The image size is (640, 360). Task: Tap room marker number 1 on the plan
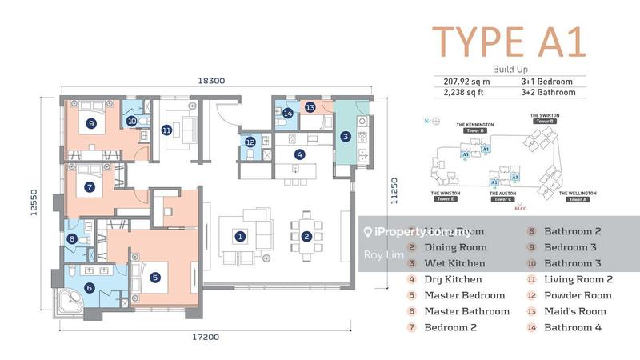(238, 236)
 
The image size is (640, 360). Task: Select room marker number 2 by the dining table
(306, 236)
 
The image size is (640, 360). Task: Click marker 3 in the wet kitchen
(346, 137)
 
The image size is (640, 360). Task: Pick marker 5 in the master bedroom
(154, 278)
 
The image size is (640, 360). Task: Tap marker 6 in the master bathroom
(89, 288)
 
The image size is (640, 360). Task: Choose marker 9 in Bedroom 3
(92, 123)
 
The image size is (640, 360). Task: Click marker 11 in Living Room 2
(166, 130)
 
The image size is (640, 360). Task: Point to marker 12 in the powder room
(250, 143)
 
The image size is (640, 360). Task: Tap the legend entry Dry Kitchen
(453, 279)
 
